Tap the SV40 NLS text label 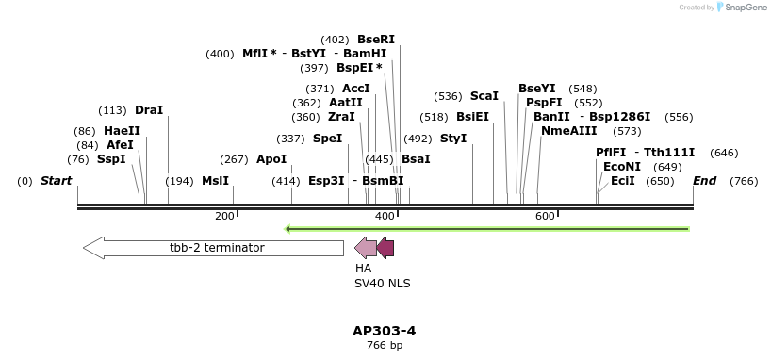point(382,283)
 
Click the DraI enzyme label point(149,110)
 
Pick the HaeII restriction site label point(122,131)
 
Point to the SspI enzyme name point(111,159)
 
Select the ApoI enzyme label point(271,159)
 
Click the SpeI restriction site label point(327,139)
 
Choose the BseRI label point(375,40)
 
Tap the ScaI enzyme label point(484,96)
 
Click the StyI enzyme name point(453,139)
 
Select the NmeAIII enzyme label point(569,131)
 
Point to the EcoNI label point(621,166)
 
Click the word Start point(56,180)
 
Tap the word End point(704,180)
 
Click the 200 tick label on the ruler point(224,217)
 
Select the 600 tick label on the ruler point(545,217)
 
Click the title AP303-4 point(384,331)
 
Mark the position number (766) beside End point(744,181)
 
